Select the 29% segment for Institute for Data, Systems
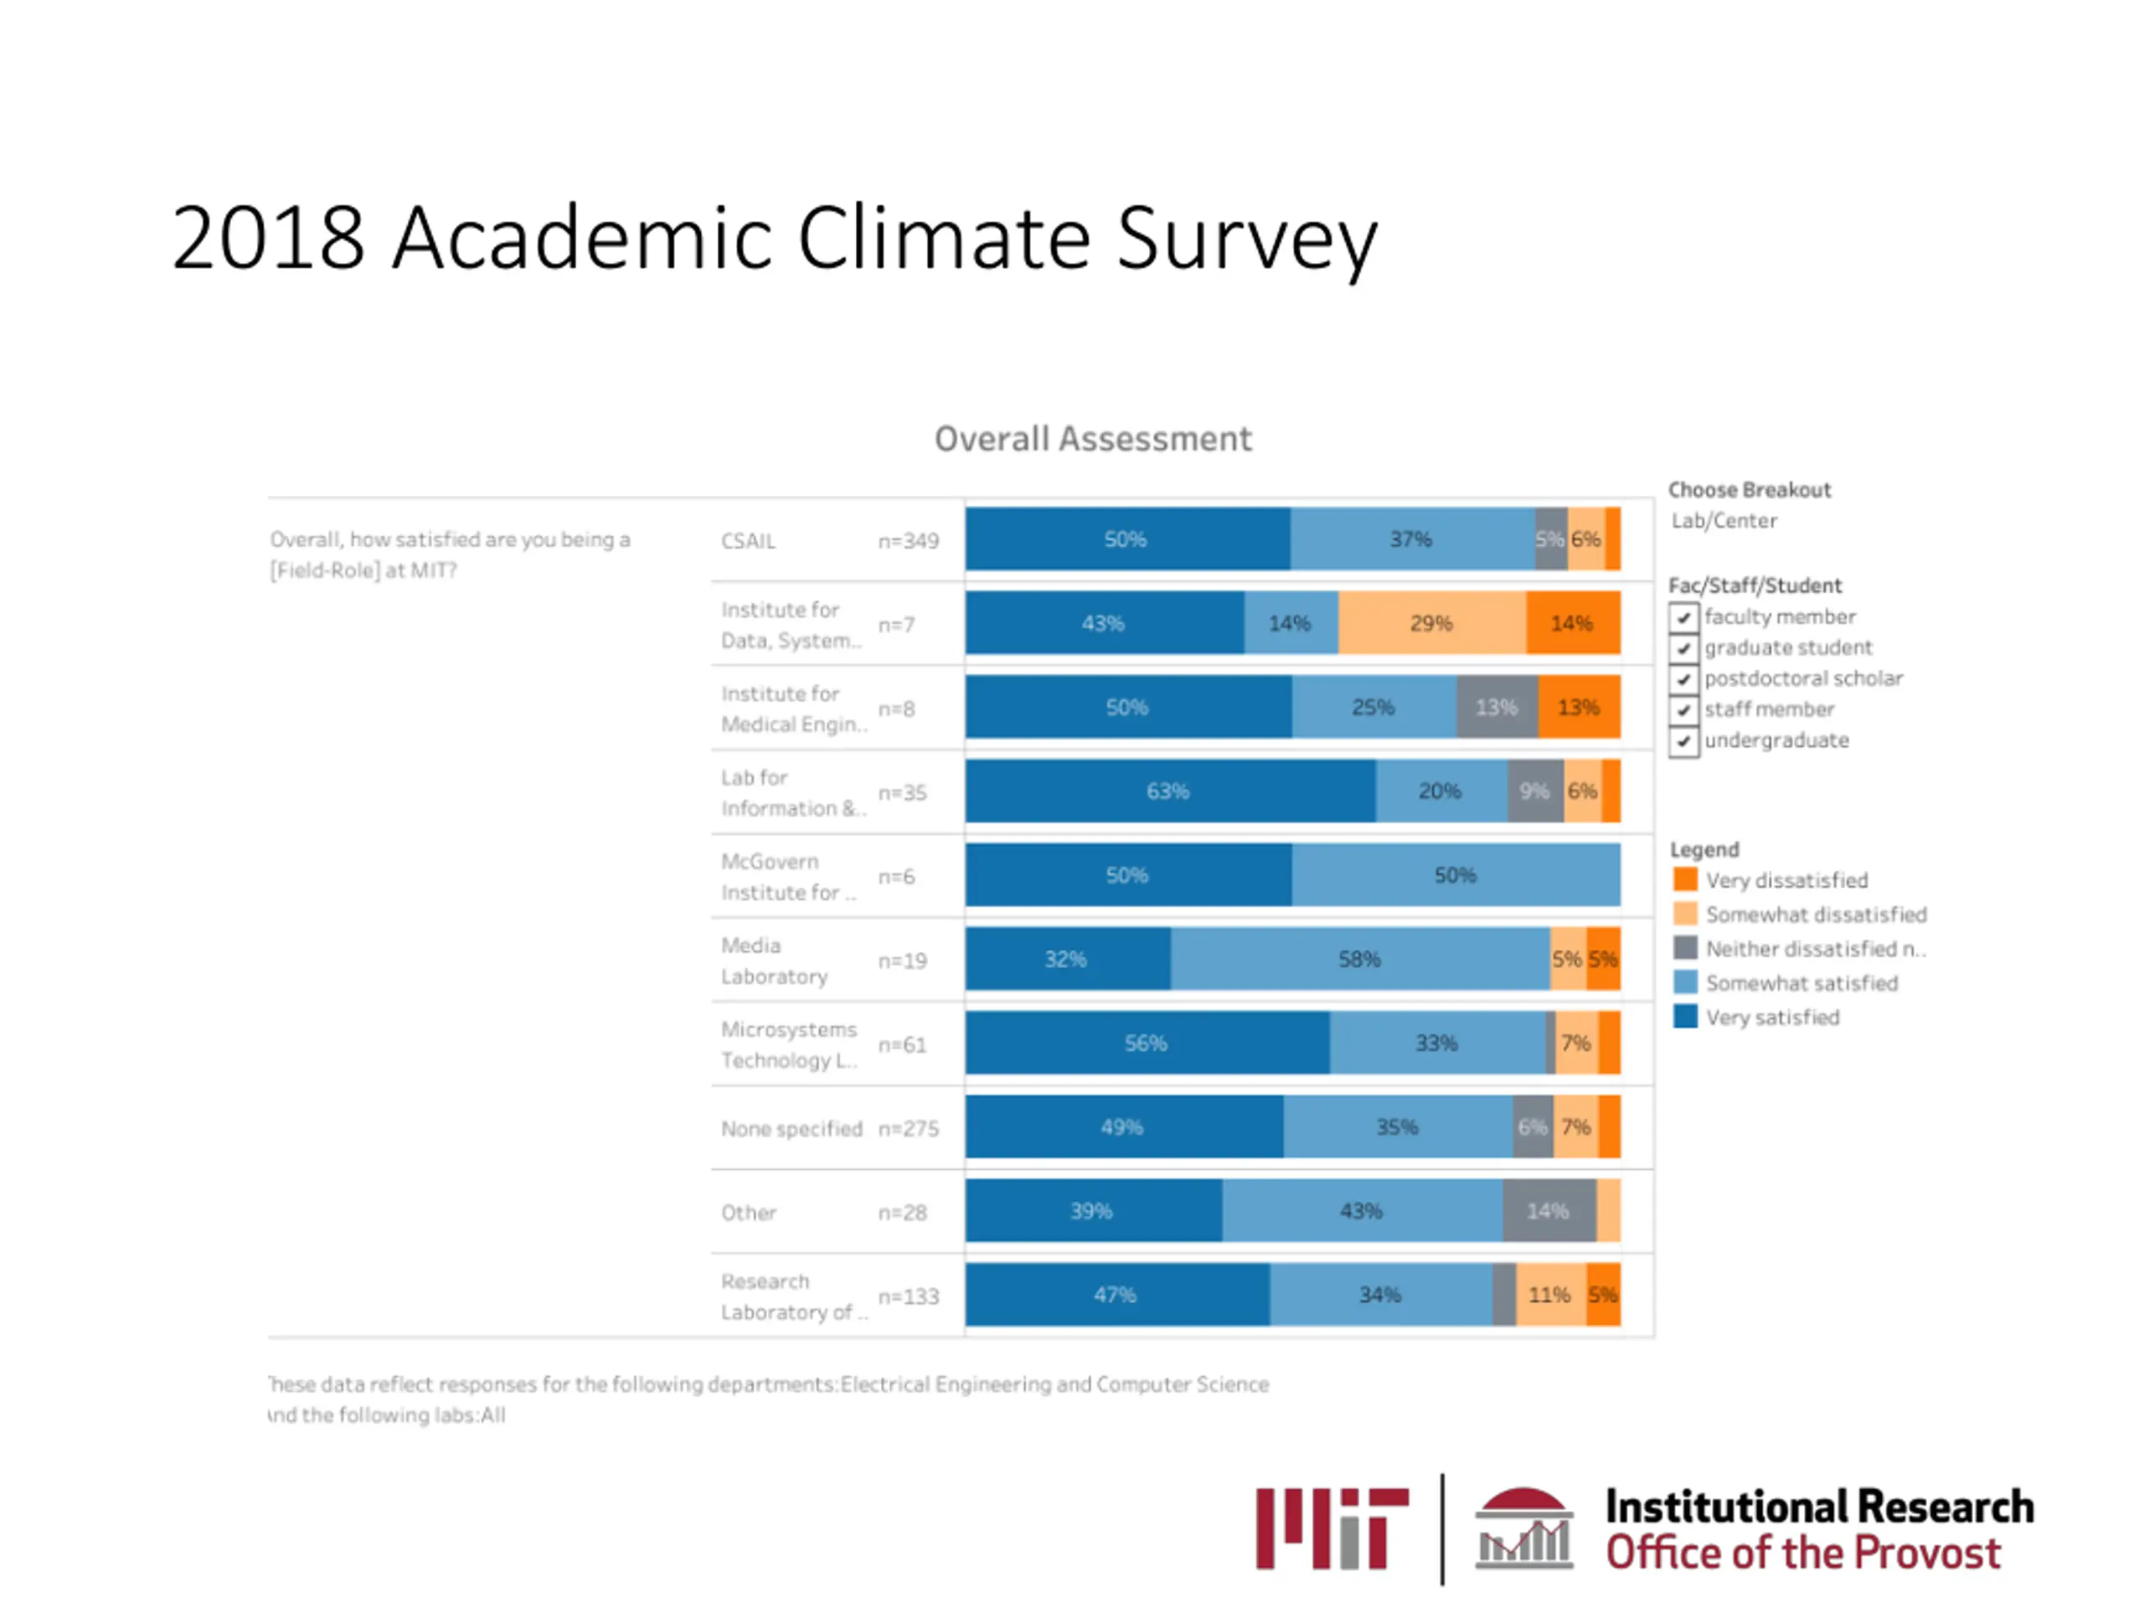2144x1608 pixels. [x=1431, y=623]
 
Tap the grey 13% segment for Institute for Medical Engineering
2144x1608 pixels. [x=1497, y=708]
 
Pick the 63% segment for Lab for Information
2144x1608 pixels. [x=1169, y=791]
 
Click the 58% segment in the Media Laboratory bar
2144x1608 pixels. [x=1359, y=960]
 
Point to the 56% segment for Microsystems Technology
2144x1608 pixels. [x=1146, y=1043]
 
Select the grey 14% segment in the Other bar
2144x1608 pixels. [x=1548, y=1210]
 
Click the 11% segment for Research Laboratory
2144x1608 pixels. [x=1550, y=1295]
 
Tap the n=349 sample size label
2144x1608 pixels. [x=908, y=541]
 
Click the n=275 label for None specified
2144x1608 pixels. [x=908, y=1128]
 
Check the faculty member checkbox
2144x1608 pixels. [x=1683, y=617]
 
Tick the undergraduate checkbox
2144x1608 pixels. [x=1683, y=741]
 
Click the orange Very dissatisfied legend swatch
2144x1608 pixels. [x=1686, y=880]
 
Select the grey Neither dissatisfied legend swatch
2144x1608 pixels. [x=1686, y=948]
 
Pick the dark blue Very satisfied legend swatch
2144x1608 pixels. [x=1686, y=1017]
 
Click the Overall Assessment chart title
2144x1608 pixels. [x=1092, y=439]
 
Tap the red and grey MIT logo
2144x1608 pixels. [x=1332, y=1528]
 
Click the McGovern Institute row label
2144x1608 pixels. [x=787, y=876]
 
